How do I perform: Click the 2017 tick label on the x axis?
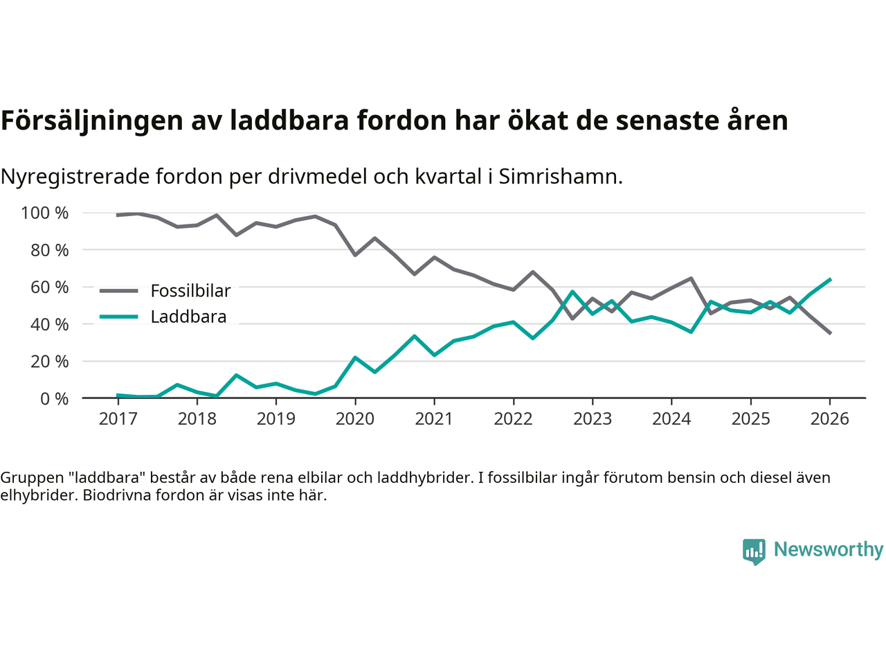(x=118, y=419)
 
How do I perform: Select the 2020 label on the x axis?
(x=355, y=419)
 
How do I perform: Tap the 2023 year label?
(x=593, y=419)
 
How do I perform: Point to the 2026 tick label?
(x=830, y=419)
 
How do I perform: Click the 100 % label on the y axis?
(x=45, y=213)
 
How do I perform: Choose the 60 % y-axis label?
(x=49, y=287)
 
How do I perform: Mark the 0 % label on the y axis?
(x=53, y=398)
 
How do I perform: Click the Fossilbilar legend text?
(x=190, y=291)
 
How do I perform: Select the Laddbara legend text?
(x=188, y=317)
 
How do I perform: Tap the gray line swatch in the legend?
(x=118, y=291)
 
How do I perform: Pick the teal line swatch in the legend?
(x=118, y=317)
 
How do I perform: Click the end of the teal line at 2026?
(x=830, y=279)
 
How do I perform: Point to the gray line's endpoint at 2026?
(x=830, y=333)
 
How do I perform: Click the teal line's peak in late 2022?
(x=572, y=292)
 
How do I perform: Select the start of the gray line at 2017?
(x=118, y=215)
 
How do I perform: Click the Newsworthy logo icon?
(x=754, y=551)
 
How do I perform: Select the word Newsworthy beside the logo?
(x=829, y=549)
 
